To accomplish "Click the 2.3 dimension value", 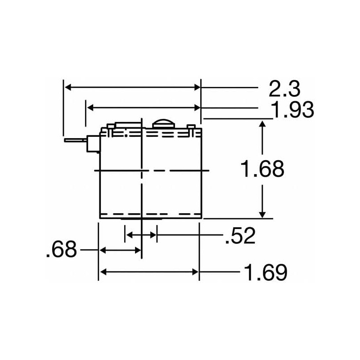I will [284, 89].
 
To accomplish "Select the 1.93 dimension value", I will [292, 109].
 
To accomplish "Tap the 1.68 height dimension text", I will [262, 170].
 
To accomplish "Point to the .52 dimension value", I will [240, 235].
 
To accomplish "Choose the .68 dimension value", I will [62, 250].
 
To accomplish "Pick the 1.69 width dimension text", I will [265, 272].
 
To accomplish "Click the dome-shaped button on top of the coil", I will [163, 123].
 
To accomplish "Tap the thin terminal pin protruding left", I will [75, 141].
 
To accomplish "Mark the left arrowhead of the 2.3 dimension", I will [67, 87].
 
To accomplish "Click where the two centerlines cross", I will [142, 171].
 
